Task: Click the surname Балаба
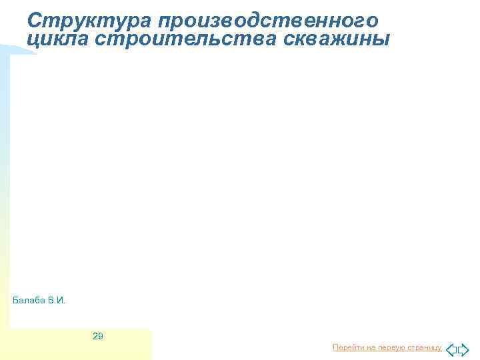(29, 301)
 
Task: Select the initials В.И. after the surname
(57, 301)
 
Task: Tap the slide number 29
(97, 336)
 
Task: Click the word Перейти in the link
(346, 348)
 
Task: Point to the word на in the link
(367, 348)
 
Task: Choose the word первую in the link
(388, 348)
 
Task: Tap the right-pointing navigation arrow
(464, 349)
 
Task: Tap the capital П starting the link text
(335, 348)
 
